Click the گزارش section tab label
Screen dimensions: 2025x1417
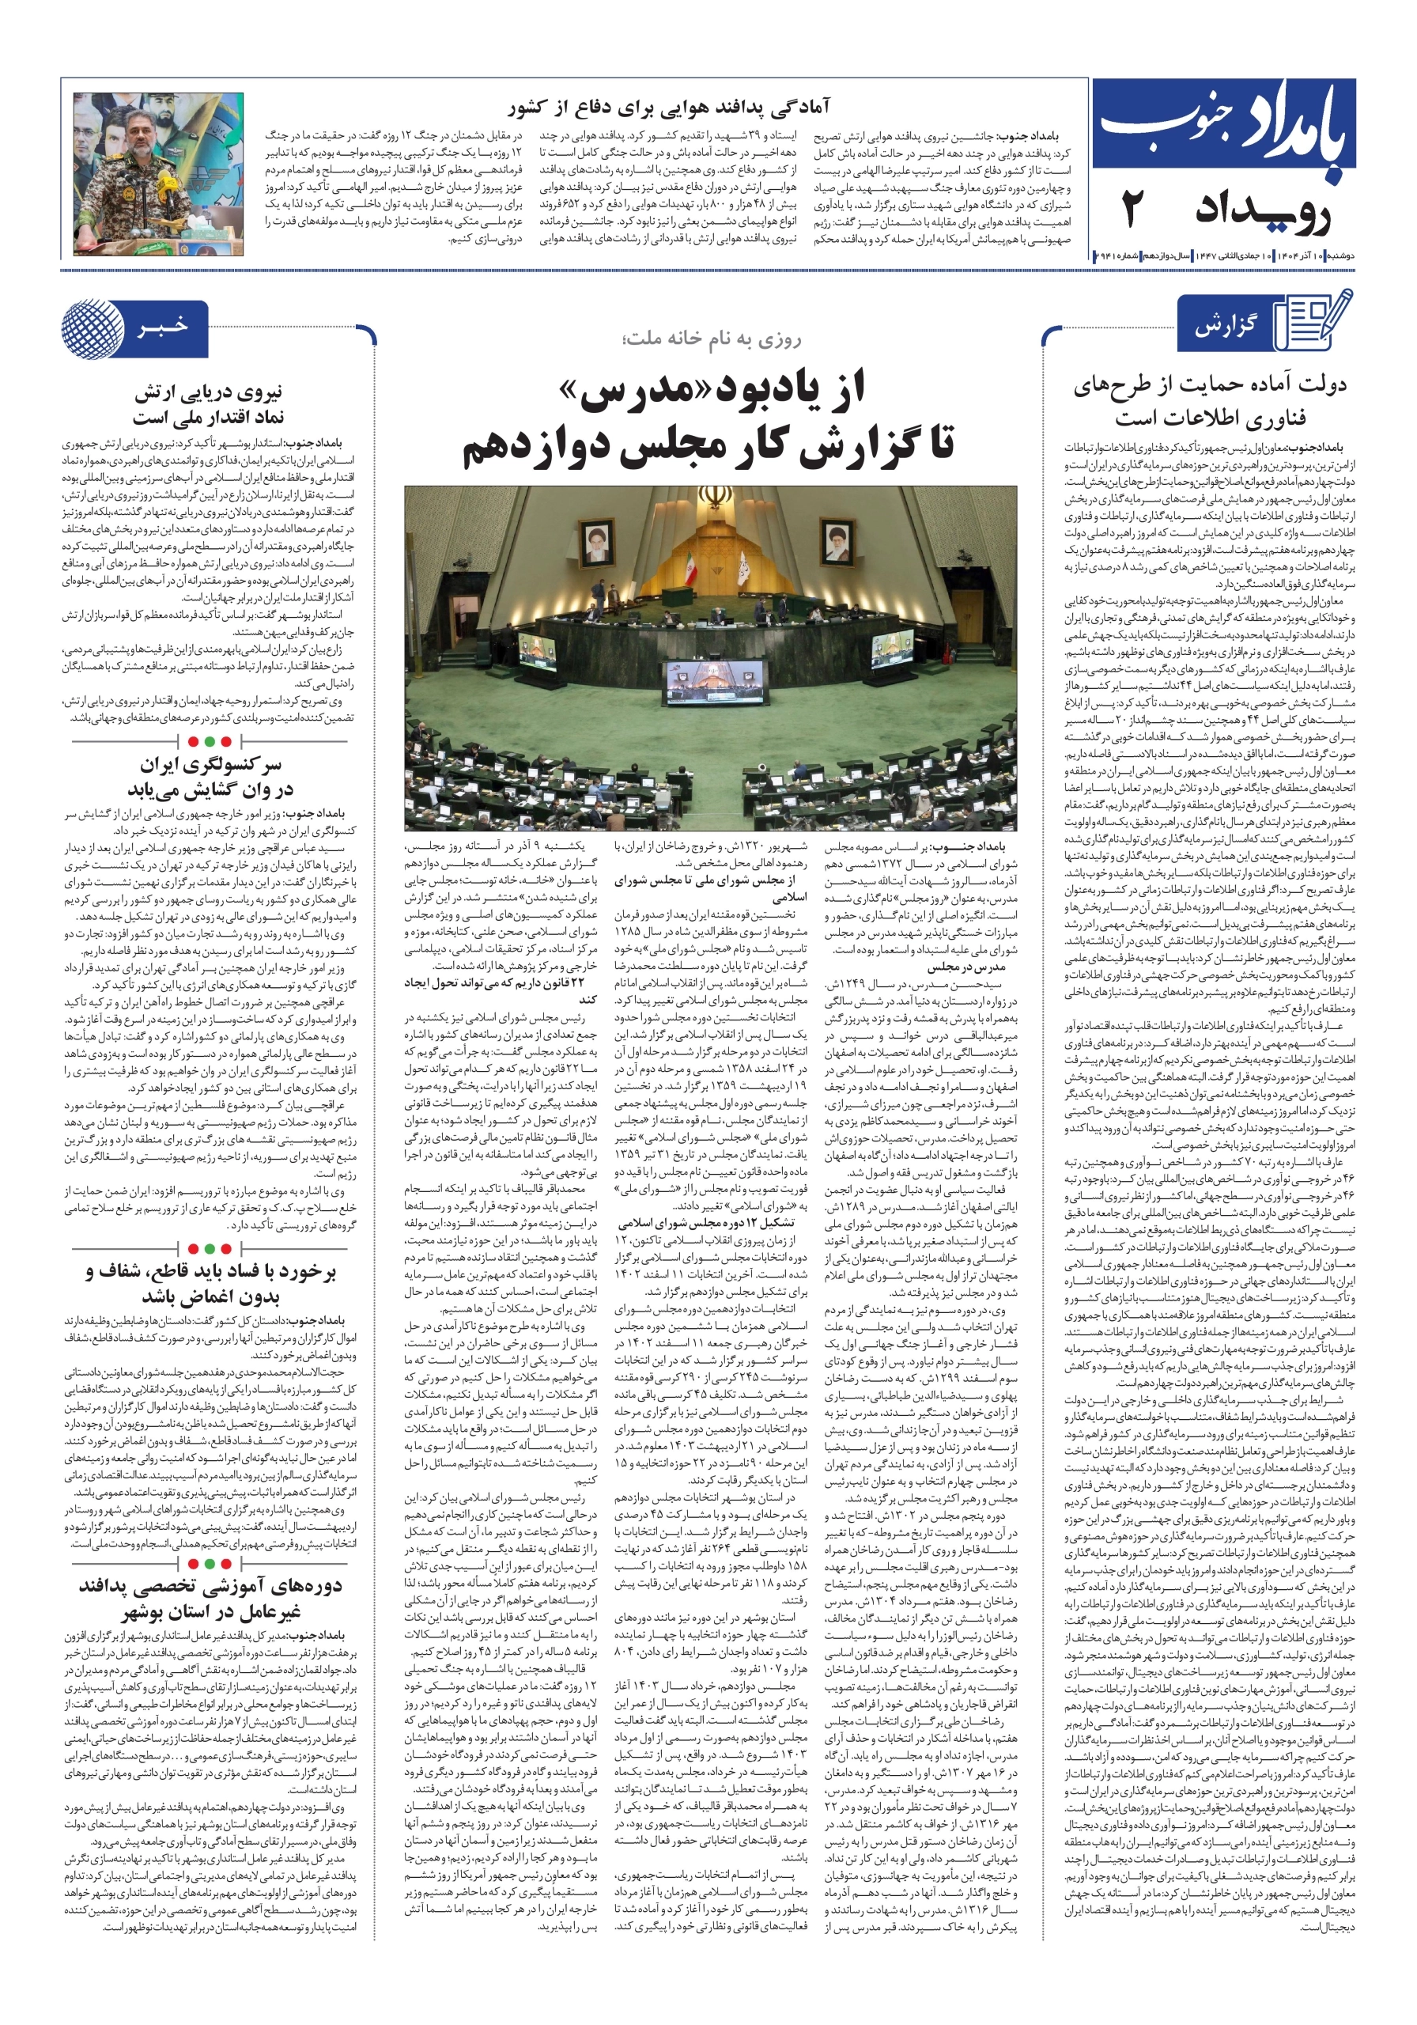(x=1225, y=327)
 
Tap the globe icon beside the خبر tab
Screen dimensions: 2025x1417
(x=93, y=328)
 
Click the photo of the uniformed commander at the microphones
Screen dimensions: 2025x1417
(x=158, y=174)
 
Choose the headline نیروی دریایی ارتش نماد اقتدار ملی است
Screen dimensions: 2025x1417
(x=208, y=405)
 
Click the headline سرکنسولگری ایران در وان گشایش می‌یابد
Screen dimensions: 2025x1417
(x=210, y=776)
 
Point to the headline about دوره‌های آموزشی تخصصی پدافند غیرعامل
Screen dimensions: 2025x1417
(x=209, y=1599)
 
